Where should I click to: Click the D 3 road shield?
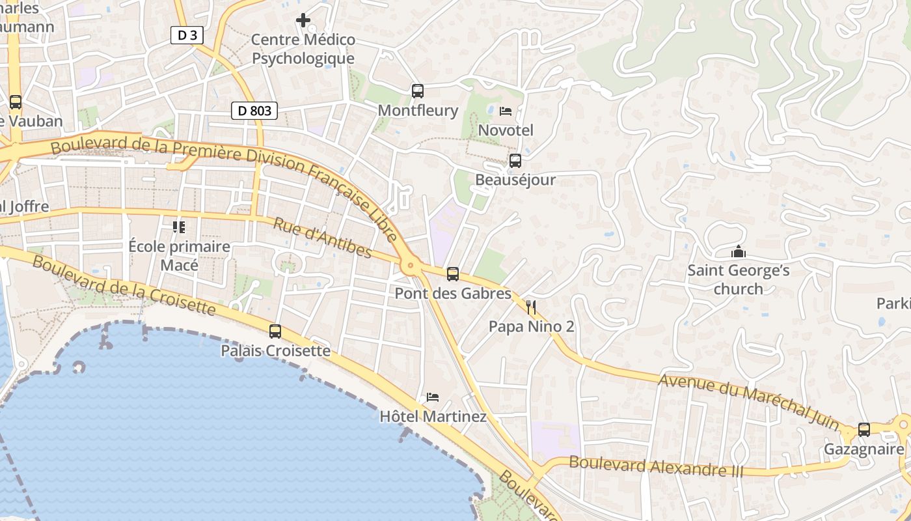pos(187,35)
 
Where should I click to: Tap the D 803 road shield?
pos(254,111)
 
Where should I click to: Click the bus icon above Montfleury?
pos(418,91)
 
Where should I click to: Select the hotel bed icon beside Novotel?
pos(506,111)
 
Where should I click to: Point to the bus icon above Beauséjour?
pos(515,160)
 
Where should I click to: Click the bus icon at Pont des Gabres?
pos(453,274)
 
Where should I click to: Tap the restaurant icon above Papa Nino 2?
pos(531,307)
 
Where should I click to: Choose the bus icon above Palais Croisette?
pos(275,331)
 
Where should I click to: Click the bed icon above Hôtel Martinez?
pos(433,397)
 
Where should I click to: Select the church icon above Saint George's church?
pos(739,251)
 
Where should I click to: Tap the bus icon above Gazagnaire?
pos(864,430)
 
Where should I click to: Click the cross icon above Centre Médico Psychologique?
pos(303,20)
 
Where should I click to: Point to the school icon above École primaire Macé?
pos(179,227)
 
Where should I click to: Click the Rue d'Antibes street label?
pos(322,238)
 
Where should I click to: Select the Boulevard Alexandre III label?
pos(655,466)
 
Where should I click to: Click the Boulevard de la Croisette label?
pos(123,285)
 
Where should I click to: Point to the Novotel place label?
pos(506,130)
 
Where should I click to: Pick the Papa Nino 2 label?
pos(532,326)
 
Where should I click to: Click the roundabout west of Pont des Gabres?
pos(410,265)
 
